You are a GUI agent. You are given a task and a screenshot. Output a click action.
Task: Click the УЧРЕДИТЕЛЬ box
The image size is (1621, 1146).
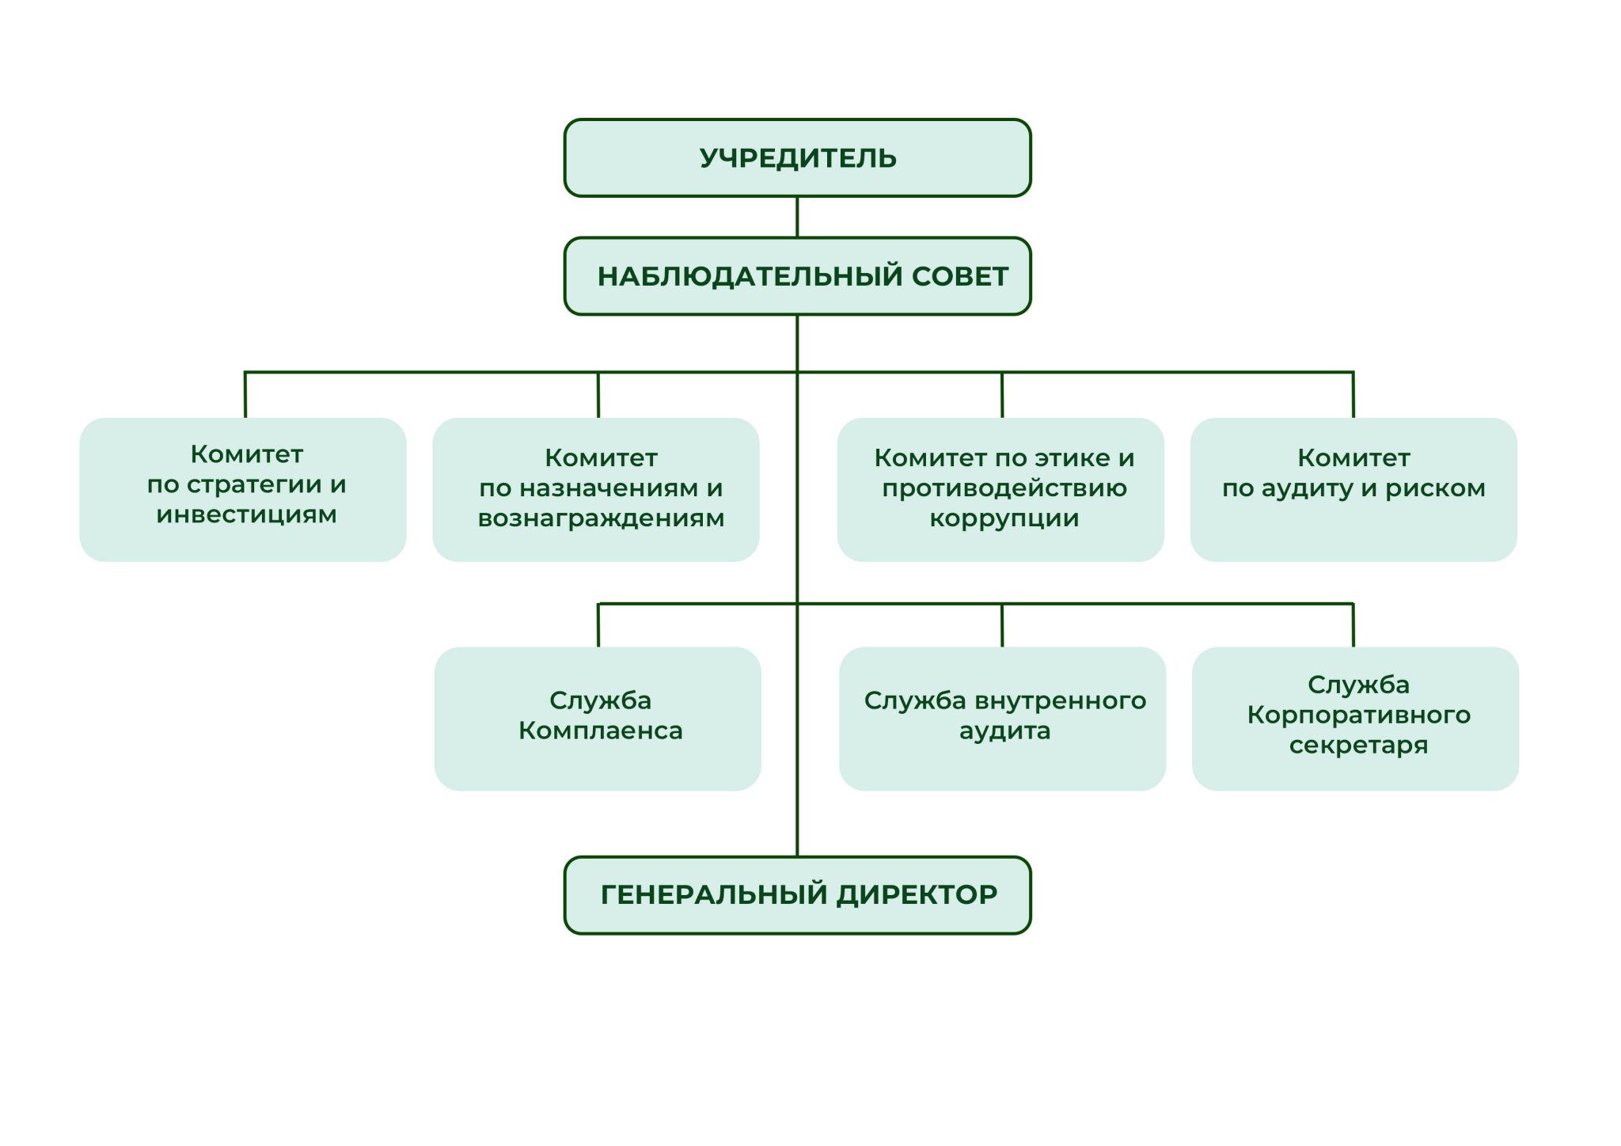coord(797,157)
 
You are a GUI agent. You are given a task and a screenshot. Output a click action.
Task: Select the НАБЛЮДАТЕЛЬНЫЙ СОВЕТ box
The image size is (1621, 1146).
coord(797,276)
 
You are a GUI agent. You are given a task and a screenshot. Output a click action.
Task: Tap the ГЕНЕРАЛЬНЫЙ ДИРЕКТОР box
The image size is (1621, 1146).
coord(797,895)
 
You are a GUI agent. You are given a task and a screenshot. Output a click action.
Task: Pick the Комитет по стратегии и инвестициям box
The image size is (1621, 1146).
coord(243,490)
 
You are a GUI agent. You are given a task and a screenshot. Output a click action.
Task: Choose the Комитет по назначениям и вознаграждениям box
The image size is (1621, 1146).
coord(596,490)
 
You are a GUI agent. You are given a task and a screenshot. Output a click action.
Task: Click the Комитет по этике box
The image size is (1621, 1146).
coord(1000,490)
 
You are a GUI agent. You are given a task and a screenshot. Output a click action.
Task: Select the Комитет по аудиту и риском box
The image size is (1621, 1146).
coord(1353,490)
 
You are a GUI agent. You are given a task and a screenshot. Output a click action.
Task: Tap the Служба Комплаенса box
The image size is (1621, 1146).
coord(598,719)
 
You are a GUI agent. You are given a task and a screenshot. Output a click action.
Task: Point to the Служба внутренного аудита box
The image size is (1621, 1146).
coord(1002,719)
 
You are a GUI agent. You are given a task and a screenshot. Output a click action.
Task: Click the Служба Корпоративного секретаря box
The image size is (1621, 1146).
coord(1355,719)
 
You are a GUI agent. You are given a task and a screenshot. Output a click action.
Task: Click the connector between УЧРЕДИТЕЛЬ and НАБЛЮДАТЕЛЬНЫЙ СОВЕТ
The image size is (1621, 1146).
coord(797,217)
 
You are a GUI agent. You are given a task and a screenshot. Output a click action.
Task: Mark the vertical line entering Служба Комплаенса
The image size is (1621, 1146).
coord(598,625)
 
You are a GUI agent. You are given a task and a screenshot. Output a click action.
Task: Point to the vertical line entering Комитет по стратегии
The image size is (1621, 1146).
coord(245,394)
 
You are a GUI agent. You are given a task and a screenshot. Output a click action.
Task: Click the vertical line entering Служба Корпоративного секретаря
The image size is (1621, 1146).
coord(1353,625)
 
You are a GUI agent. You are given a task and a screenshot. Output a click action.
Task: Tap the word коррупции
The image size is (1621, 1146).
coord(1004,519)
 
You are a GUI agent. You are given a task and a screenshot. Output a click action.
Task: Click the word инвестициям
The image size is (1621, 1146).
coord(246,514)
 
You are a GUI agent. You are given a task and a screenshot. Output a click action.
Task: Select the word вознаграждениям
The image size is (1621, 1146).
coord(601,519)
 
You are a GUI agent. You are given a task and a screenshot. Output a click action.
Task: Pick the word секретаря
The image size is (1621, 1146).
coord(1358,746)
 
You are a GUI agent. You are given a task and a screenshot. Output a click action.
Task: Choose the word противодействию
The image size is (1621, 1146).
coord(1004,488)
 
